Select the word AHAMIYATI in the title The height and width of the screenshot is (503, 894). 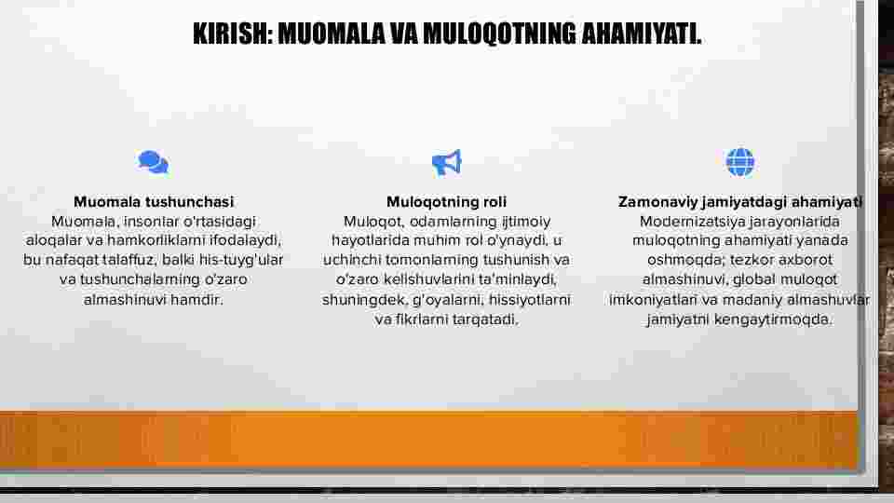(642, 34)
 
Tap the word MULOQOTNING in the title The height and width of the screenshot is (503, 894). (499, 34)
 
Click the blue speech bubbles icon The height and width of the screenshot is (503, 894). (154, 162)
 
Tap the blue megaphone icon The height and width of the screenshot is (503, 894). (446, 163)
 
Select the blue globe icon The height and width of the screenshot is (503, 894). (740, 162)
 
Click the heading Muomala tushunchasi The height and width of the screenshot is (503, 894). (154, 202)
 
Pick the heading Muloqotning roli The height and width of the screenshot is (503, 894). (446, 202)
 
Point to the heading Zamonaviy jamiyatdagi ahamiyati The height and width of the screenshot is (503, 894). (740, 202)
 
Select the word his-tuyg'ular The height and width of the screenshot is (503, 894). (241, 260)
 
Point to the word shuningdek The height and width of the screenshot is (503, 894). (364, 300)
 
